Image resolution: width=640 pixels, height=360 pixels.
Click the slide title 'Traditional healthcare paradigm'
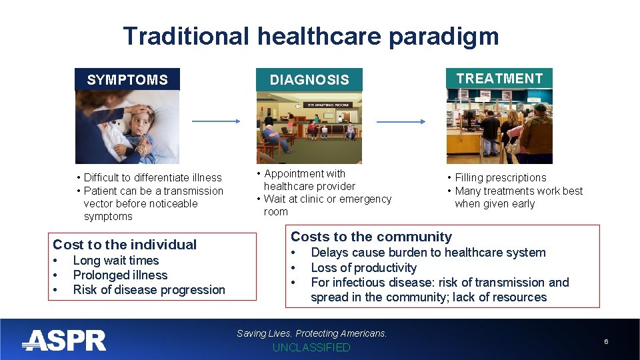pyautogui.click(x=311, y=36)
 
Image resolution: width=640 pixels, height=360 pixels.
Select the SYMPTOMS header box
pyautogui.click(x=127, y=79)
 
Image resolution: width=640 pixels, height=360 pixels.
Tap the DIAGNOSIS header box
pyautogui.click(x=309, y=79)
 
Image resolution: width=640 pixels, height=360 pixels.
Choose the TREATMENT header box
pyautogui.click(x=499, y=78)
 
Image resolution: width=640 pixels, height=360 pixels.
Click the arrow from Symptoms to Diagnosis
pyautogui.click(x=215, y=121)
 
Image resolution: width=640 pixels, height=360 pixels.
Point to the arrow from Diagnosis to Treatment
pyautogui.click(x=401, y=121)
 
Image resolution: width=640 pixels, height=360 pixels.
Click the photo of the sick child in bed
pyautogui.click(x=127, y=127)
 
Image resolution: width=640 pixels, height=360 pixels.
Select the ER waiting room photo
pyautogui.click(x=309, y=127)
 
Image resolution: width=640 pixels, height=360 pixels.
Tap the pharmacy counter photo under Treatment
pyautogui.click(x=499, y=126)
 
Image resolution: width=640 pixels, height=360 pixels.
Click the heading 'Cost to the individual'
pyautogui.click(x=125, y=245)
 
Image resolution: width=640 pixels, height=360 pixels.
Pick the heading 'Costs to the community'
pyautogui.click(x=371, y=237)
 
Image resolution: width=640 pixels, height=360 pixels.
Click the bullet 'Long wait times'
pyautogui.click(x=115, y=261)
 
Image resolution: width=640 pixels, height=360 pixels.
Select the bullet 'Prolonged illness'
pyautogui.click(x=120, y=275)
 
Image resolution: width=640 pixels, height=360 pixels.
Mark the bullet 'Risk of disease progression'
pyautogui.click(x=149, y=290)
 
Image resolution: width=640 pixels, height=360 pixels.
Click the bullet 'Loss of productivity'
pyautogui.click(x=363, y=268)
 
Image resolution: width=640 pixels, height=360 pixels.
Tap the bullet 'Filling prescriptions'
pyautogui.click(x=500, y=177)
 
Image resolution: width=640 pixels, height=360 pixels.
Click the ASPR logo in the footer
pyautogui.click(x=64, y=341)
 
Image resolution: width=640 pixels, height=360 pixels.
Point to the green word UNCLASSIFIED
pyautogui.click(x=311, y=348)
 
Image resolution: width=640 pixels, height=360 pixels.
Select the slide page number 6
pyautogui.click(x=606, y=341)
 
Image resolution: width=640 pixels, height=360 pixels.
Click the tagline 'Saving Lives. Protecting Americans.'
pyautogui.click(x=311, y=333)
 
